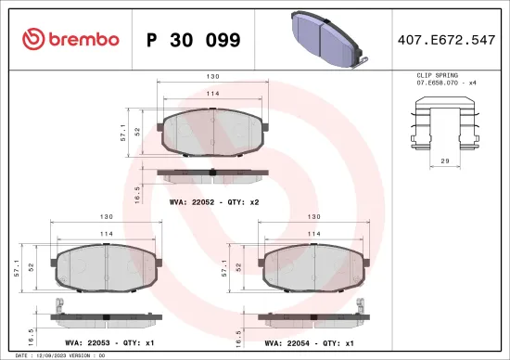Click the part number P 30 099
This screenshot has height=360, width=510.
tap(194, 40)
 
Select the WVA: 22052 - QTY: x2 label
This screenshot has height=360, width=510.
tap(214, 199)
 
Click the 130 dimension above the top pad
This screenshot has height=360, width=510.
tap(213, 78)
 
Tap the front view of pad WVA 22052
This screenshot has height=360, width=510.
tap(213, 131)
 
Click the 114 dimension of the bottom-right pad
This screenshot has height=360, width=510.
tap(313, 234)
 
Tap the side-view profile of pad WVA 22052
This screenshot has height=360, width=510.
tap(213, 174)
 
